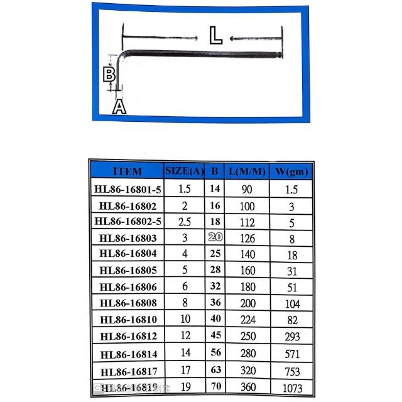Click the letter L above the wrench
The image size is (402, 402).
tap(215, 35)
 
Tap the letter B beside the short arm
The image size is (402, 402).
tap(109, 74)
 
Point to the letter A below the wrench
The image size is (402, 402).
tap(119, 107)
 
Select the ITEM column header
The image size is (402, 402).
tap(128, 171)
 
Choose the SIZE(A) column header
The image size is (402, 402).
tap(184, 170)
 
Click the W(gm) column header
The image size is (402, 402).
tap(291, 171)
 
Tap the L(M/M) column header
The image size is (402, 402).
tap(247, 171)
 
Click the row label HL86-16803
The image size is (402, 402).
tap(128, 238)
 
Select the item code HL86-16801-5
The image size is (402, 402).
tap(128, 190)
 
